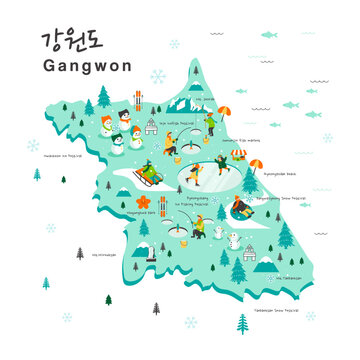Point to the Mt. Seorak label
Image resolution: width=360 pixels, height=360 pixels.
pyautogui.click(x=206, y=99)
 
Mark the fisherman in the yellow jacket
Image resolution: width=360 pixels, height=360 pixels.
pyautogui.click(x=197, y=228)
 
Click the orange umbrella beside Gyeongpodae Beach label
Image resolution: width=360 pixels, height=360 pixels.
pyautogui.click(x=257, y=165)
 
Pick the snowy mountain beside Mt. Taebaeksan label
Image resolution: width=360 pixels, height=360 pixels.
pyautogui.click(x=267, y=266)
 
